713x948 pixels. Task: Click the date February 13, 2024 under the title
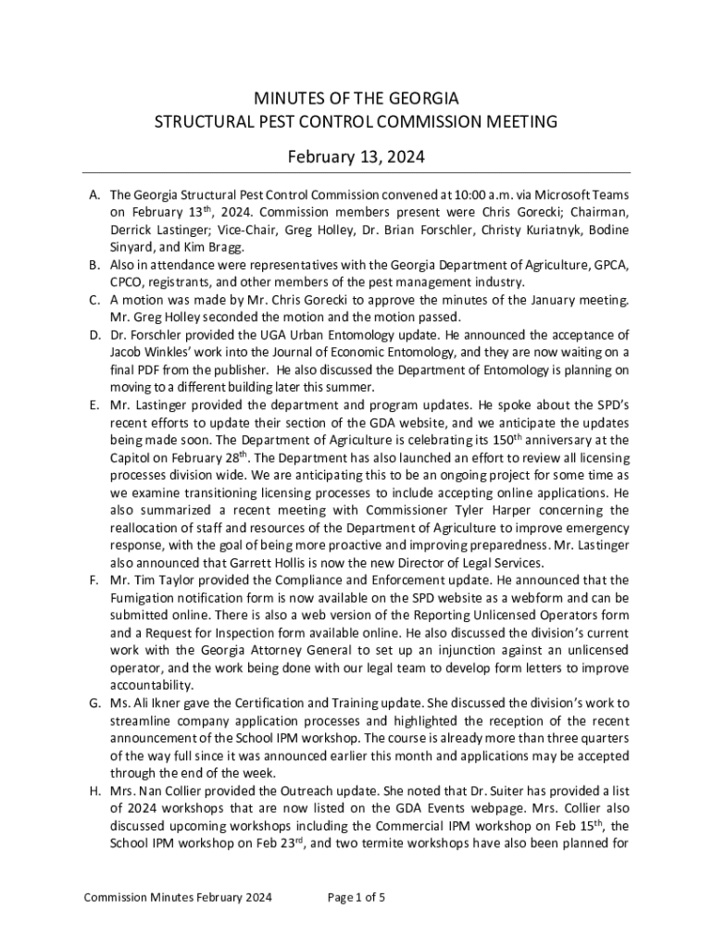tap(356, 157)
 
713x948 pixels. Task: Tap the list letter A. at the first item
tap(95, 195)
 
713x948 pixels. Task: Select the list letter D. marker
tap(95, 334)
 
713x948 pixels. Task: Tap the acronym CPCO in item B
tap(128, 282)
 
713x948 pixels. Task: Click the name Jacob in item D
tap(128, 352)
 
